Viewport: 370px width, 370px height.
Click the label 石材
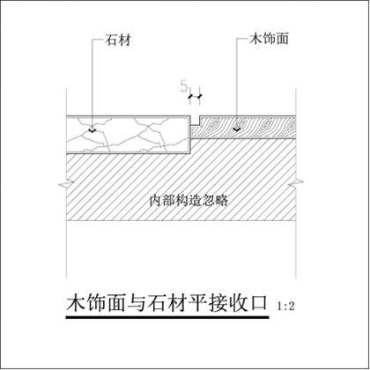pos(118,41)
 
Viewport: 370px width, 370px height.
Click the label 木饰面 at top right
pos(269,39)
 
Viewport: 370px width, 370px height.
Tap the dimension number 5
pos(184,86)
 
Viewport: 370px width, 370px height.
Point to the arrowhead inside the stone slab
pos(92,130)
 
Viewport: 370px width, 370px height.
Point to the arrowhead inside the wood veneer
pos(236,129)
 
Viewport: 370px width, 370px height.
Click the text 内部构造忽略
pos(189,201)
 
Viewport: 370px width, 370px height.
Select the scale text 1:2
pos(285,307)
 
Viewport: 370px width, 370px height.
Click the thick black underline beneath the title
pos(167,317)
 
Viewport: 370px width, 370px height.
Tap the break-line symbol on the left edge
pos(66,185)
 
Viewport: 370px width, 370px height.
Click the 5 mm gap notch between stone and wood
pos(195,121)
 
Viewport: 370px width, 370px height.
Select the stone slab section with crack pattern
pos(128,135)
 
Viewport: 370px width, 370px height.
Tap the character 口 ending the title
pos(258,303)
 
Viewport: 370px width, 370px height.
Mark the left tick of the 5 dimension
pos(190,96)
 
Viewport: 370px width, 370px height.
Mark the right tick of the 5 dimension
pos(200,96)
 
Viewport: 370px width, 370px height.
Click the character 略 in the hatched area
pos(222,201)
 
